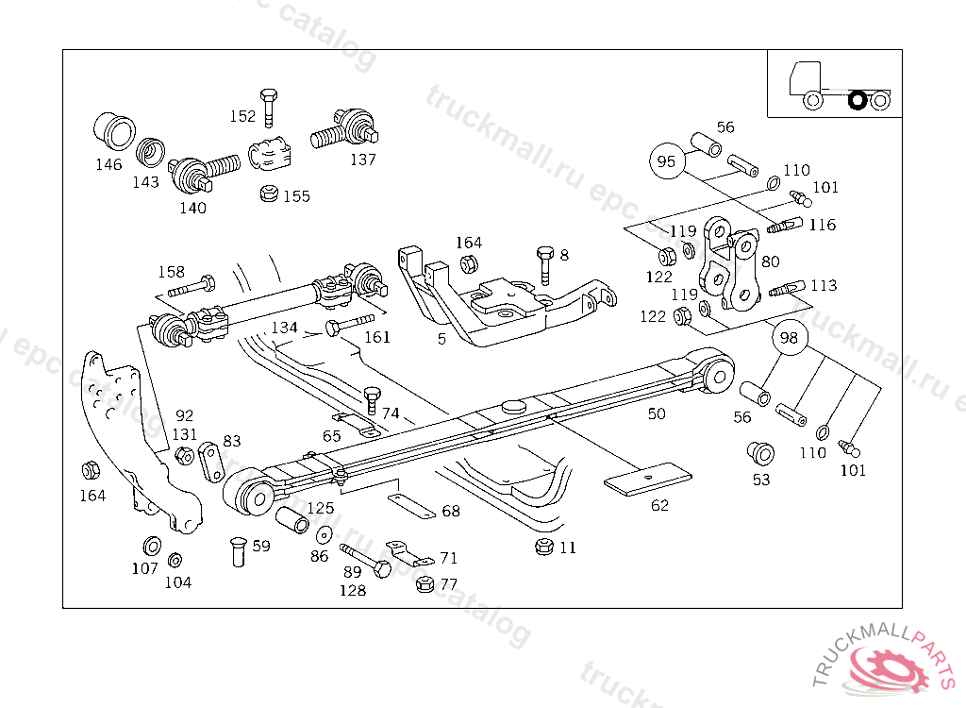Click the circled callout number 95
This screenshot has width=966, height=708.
[666, 161]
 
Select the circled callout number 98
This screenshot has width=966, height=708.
[790, 337]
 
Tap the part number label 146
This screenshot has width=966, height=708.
[108, 164]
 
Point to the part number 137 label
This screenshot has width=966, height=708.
[363, 160]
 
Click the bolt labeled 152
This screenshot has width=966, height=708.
[269, 108]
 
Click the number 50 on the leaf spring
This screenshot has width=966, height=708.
[657, 413]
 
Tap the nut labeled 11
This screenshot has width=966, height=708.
[543, 547]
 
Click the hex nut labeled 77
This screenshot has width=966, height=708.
[425, 584]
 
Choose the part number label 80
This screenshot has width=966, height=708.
[770, 261]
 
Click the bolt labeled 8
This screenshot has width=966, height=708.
[544, 265]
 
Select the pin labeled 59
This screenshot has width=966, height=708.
[238, 551]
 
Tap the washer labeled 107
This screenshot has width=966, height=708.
[150, 547]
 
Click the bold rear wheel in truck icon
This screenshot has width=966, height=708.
[858, 99]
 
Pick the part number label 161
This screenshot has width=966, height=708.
[377, 337]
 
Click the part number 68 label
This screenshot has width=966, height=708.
[451, 511]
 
